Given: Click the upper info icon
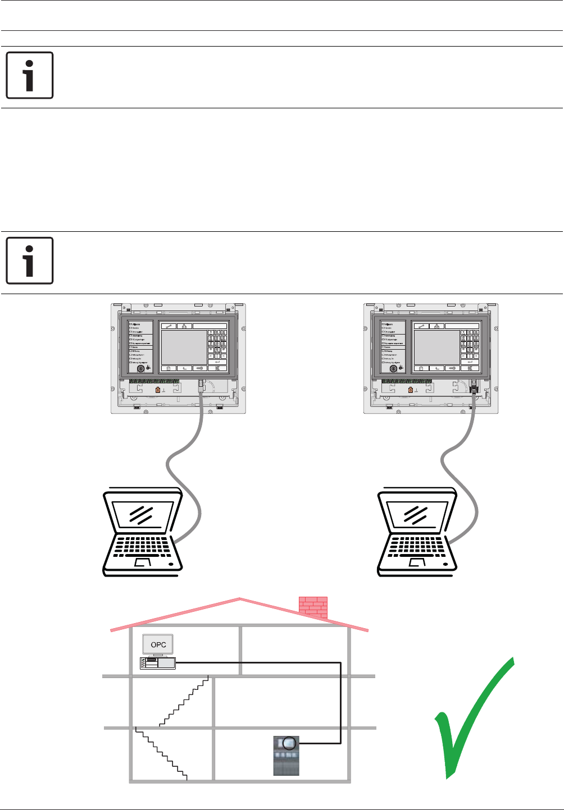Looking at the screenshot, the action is click(x=30, y=75).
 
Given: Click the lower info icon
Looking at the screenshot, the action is click(x=30, y=260).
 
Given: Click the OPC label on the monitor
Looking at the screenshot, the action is click(x=158, y=645).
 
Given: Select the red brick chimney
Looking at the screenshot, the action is click(x=313, y=607).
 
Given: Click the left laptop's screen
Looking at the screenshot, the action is click(x=141, y=513).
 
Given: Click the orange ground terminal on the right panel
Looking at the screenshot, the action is click(x=410, y=390).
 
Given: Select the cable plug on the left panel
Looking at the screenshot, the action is click(x=201, y=385).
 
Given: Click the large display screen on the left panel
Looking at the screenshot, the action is click(x=184, y=347).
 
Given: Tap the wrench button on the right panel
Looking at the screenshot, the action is click(x=421, y=326).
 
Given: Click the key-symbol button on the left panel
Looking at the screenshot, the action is click(x=201, y=368).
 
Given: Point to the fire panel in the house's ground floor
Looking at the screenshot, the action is click(x=286, y=756).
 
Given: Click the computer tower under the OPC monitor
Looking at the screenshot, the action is click(x=158, y=663).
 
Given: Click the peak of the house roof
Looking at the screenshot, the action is click(x=240, y=599).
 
